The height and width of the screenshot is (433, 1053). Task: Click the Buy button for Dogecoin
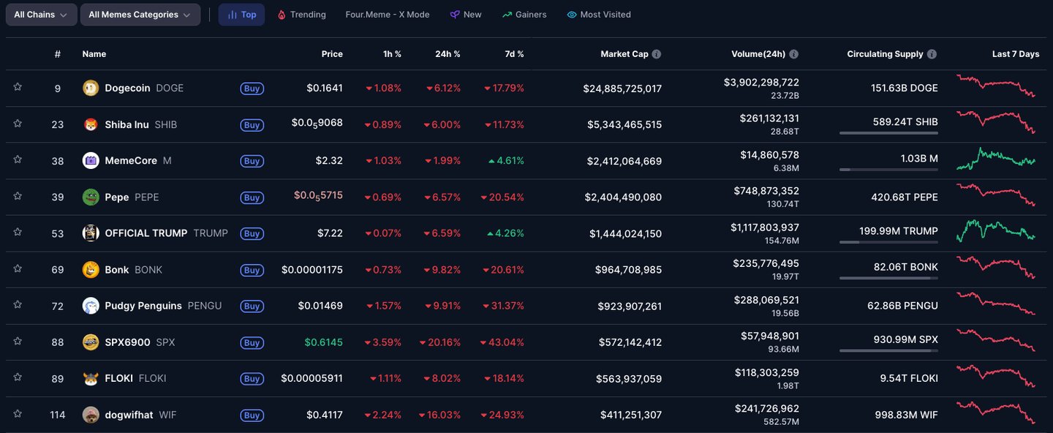click(252, 89)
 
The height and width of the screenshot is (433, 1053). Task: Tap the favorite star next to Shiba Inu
click(18, 124)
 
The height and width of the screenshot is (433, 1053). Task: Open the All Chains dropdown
click(41, 15)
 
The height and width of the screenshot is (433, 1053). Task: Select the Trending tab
click(301, 15)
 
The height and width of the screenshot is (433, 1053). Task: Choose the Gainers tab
click(524, 15)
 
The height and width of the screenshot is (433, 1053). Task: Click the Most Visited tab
click(599, 15)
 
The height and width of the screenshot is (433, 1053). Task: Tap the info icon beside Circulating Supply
click(930, 54)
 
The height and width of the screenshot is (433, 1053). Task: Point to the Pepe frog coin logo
click(91, 197)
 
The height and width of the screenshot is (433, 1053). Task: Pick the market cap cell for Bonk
click(628, 270)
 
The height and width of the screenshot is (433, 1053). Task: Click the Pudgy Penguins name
click(143, 306)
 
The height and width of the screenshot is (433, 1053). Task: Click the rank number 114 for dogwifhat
click(58, 415)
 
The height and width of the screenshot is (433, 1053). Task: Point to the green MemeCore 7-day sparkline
click(995, 159)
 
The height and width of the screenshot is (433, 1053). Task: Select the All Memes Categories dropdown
click(140, 15)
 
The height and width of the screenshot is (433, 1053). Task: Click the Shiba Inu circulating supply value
click(905, 122)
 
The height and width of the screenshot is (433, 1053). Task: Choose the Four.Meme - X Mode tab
click(388, 15)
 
